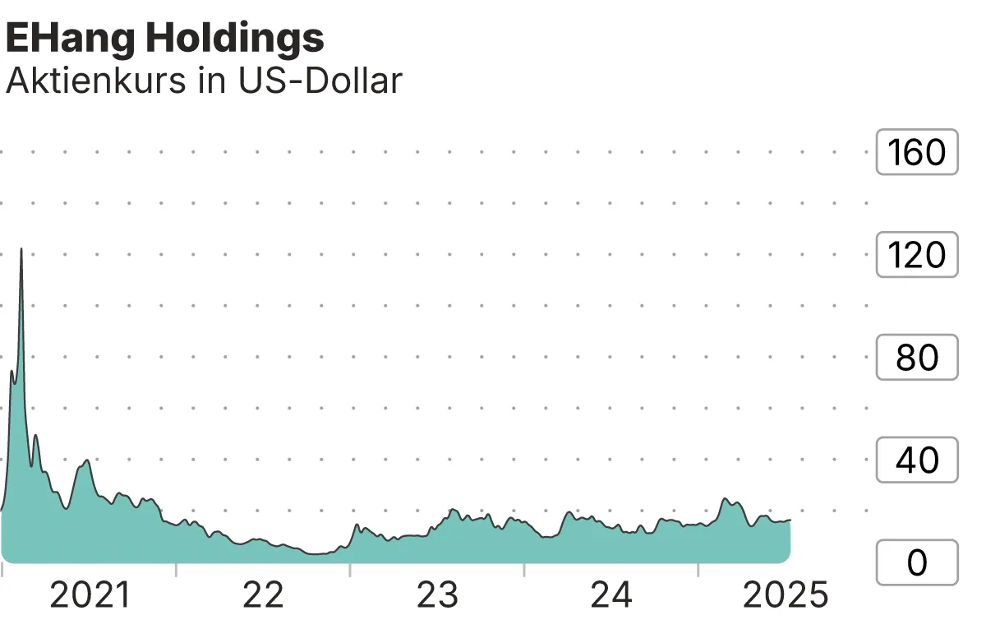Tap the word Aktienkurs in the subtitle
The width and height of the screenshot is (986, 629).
click(94, 81)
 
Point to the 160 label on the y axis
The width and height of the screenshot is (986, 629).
click(917, 152)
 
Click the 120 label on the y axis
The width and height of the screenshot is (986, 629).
click(917, 255)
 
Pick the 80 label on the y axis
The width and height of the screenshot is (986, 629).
click(917, 358)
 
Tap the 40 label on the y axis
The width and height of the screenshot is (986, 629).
click(917, 460)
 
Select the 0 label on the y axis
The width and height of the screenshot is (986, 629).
click(917, 563)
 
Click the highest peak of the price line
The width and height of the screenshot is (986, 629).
click(21, 248)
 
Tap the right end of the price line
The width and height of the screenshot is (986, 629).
click(790, 520)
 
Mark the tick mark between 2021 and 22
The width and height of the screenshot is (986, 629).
click(176, 569)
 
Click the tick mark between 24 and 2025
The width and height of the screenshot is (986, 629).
click(698, 569)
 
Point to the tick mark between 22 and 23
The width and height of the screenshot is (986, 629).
click(350, 569)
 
